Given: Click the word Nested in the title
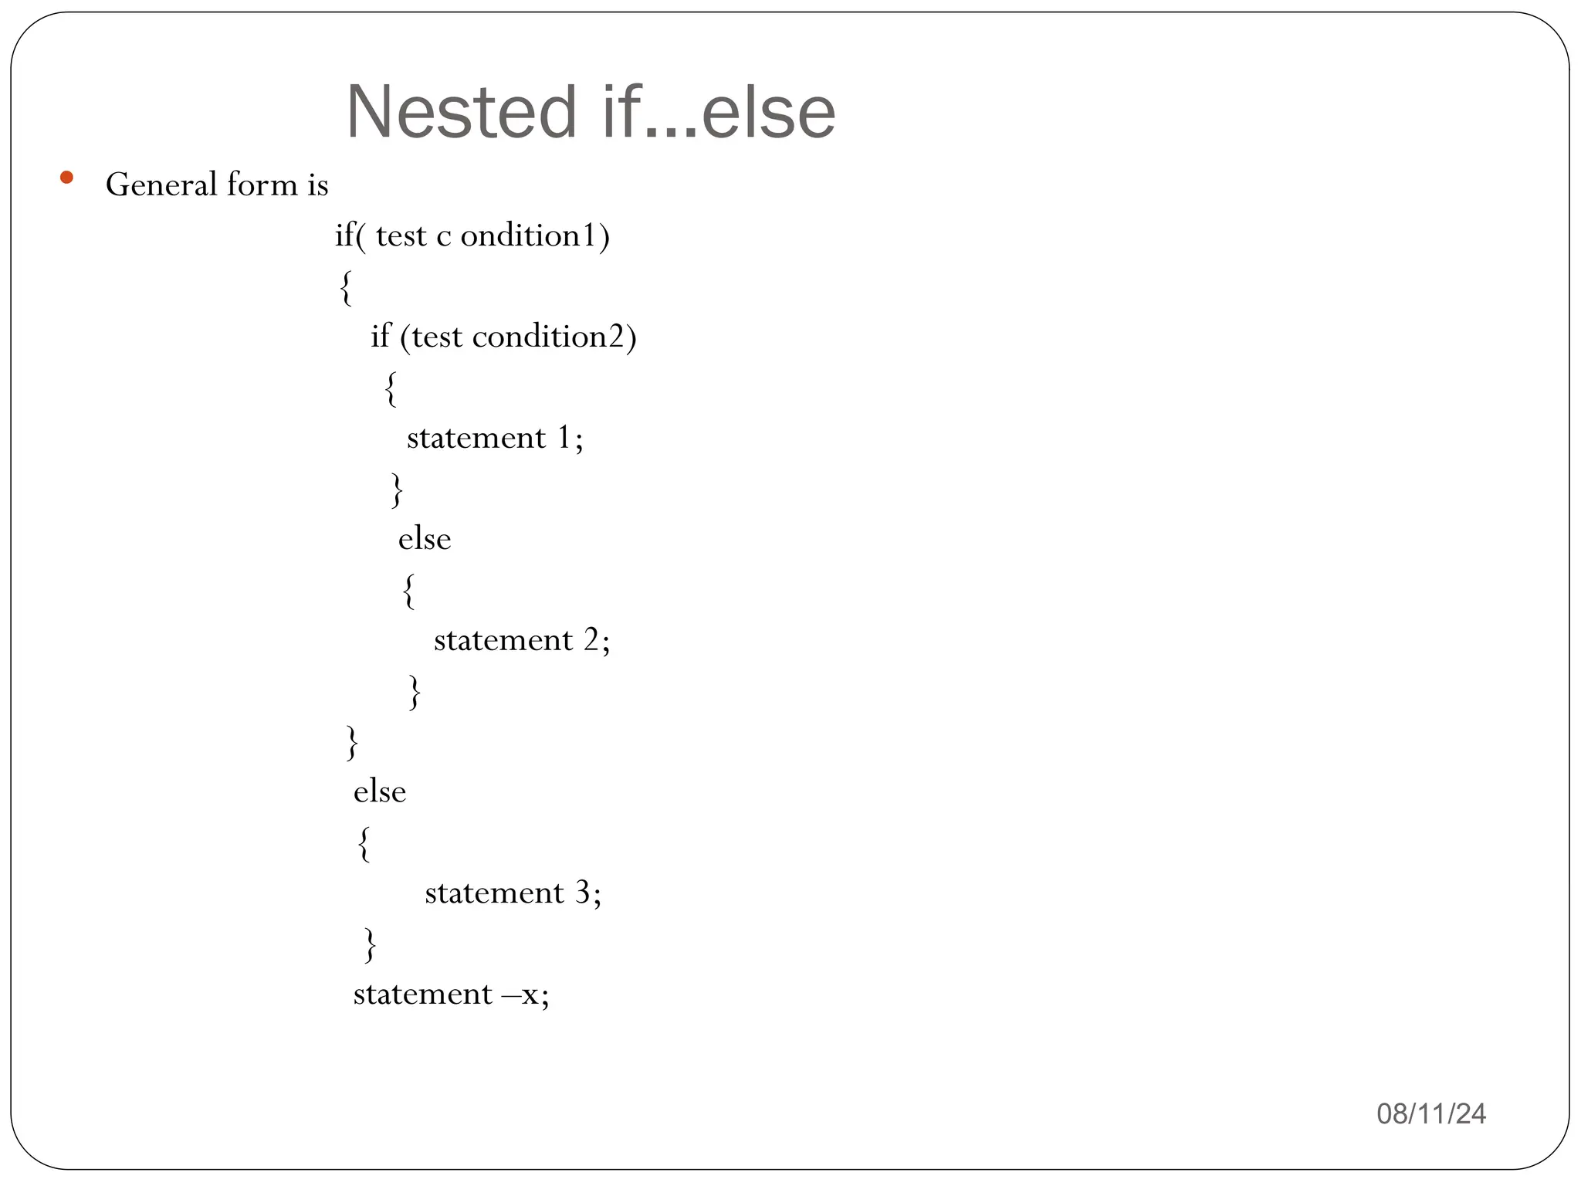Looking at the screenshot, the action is coord(461,113).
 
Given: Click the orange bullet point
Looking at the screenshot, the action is coord(66,178).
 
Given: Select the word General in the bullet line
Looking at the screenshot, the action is coord(161,185).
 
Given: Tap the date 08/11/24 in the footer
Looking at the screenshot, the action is coord(1431,1113).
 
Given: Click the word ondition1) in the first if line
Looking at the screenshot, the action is coord(535,236).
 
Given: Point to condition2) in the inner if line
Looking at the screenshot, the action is coord(554,337).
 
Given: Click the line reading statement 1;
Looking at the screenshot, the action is coord(495,439).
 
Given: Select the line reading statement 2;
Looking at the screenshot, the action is coord(522,641).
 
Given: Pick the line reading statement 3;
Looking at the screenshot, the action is coord(513,893).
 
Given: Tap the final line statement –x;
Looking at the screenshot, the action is coord(451,995).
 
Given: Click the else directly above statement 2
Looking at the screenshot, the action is coord(425,539).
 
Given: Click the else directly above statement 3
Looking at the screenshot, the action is coord(380,792).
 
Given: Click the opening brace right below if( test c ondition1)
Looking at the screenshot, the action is coord(346,287).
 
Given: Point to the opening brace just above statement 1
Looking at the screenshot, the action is coord(391,388).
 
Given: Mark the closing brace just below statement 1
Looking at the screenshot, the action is coord(397,490).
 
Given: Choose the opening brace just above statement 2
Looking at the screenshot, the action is coord(408,591).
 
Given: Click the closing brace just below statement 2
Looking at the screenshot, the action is coord(415,692).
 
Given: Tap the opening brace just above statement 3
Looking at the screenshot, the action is coord(364,843).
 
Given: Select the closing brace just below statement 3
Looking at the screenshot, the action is coord(370,944).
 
